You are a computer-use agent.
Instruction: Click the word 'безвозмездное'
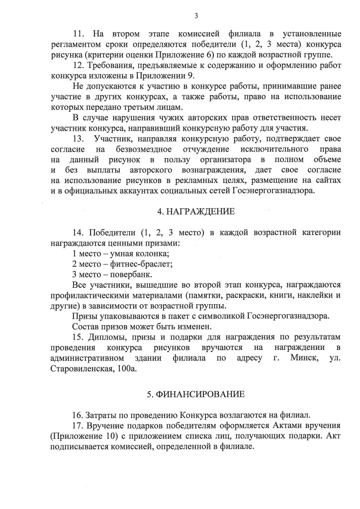pos(145,149)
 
